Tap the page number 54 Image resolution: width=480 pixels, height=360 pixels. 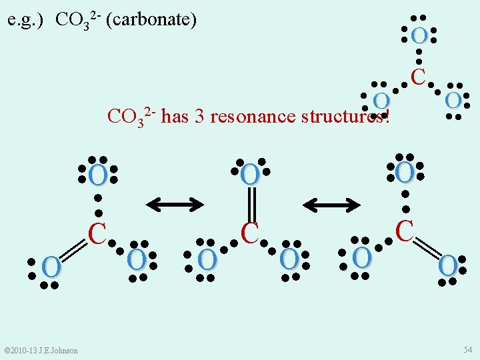coord(467,350)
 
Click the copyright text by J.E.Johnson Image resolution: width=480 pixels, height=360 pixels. coord(41,351)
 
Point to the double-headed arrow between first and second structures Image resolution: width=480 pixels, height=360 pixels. coord(175,205)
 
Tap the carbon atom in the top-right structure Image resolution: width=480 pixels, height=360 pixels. coord(419,77)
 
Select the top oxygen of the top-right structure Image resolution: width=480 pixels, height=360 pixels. coord(419,35)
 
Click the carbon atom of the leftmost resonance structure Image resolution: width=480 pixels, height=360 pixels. coord(98,233)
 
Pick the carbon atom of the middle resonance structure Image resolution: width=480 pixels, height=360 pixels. coord(250,232)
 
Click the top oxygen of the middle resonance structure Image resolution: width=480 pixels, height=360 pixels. coord(250,175)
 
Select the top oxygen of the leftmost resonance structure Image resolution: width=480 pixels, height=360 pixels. coord(97,177)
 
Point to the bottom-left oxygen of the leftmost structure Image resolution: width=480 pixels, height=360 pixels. coord(51,267)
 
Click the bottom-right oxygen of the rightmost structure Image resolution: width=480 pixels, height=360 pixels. coord(448,265)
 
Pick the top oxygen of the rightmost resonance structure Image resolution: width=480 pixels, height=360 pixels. coord(405,173)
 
